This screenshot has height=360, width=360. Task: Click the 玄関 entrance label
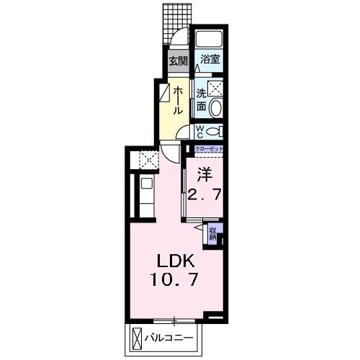click(178, 61)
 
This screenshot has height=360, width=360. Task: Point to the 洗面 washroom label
click(202, 99)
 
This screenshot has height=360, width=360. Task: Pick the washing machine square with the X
click(215, 89)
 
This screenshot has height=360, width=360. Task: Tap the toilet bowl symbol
click(215, 131)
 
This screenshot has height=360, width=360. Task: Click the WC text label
click(201, 131)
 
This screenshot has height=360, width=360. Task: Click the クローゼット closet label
click(209, 148)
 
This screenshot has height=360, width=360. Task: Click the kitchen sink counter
click(145, 194)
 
